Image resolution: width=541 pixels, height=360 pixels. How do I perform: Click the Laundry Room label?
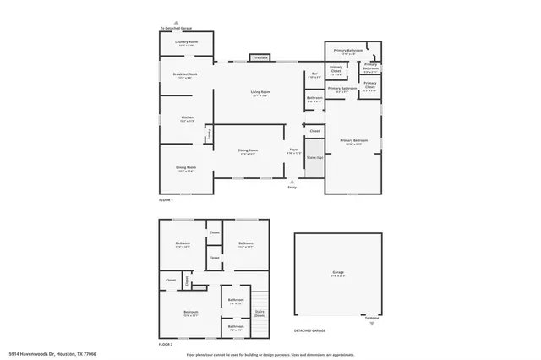(x=186, y=42)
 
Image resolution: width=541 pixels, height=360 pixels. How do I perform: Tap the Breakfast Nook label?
(x=186, y=76)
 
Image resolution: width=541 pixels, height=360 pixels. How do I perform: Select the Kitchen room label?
(x=187, y=119)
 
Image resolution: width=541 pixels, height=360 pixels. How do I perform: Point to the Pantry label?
(x=209, y=133)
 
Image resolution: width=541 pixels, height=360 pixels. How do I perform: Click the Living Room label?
(x=260, y=93)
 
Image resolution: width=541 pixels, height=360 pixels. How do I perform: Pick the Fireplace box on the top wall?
(x=260, y=57)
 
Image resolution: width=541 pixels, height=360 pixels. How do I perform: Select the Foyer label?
(x=293, y=127)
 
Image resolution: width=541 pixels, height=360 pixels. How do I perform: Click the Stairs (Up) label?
(x=314, y=157)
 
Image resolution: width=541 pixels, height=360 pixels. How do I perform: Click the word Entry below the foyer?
(x=292, y=187)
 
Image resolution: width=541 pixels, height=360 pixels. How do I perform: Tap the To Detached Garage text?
(x=176, y=28)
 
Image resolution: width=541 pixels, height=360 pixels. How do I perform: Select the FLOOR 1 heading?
(x=166, y=200)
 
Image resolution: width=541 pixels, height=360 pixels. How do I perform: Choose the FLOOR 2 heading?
(x=166, y=346)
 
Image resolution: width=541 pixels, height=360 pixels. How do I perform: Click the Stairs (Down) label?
(x=260, y=313)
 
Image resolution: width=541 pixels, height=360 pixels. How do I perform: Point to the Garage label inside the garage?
(x=338, y=273)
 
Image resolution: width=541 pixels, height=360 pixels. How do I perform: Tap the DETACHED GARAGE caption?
(x=310, y=331)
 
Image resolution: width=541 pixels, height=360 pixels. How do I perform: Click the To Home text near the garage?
(x=373, y=319)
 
